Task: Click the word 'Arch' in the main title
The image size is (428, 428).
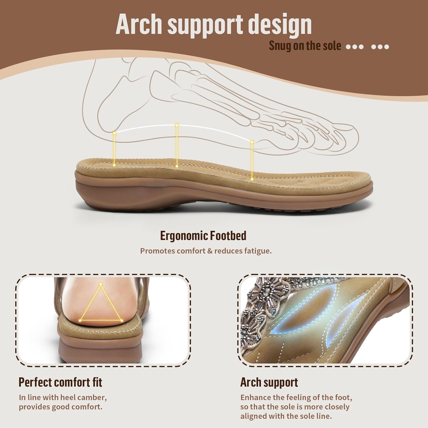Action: (140, 24)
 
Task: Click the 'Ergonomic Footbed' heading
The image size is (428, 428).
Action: (203, 236)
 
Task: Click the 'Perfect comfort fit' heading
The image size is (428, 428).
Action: (60, 382)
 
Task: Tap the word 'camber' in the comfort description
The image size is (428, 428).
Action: (92, 397)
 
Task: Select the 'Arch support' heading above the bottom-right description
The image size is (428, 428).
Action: (269, 382)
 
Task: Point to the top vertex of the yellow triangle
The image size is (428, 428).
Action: (101, 284)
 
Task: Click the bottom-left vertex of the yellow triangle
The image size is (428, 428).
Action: (80, 320)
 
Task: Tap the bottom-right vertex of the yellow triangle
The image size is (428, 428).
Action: (122, 321)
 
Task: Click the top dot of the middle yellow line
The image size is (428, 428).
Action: (177, 125)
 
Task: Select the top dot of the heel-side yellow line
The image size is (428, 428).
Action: (114, 133)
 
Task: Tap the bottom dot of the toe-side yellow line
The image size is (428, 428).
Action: (252, 179)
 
